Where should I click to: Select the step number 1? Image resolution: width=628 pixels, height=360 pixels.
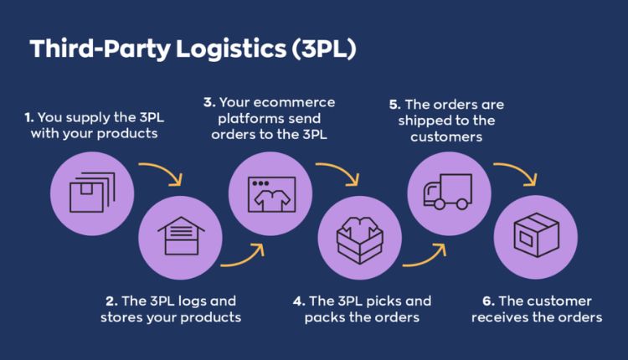[29, 118]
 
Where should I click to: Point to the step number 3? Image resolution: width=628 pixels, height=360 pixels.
[208, 102]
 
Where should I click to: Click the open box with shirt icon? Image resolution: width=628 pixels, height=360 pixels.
[358, 236]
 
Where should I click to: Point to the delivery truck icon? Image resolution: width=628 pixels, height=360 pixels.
[448, 192]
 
